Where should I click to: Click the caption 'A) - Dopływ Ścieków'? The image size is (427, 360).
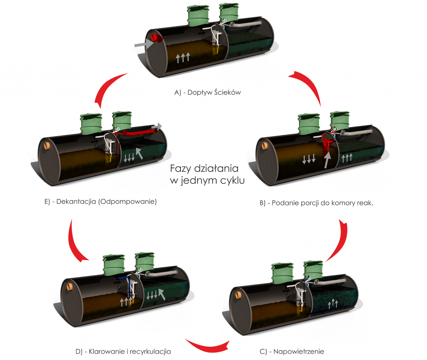click(x=208, y=93)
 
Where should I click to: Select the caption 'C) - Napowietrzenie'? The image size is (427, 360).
click(x=291, y=351)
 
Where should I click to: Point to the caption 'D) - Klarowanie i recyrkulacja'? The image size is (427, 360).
click(x=123, y=351)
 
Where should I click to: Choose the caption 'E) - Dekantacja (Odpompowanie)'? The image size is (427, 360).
click(x=100, y=202)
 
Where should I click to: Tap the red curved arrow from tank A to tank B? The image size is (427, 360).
click(x=307, y=87)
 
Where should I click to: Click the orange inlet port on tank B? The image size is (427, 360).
click(x=264, y=145)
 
